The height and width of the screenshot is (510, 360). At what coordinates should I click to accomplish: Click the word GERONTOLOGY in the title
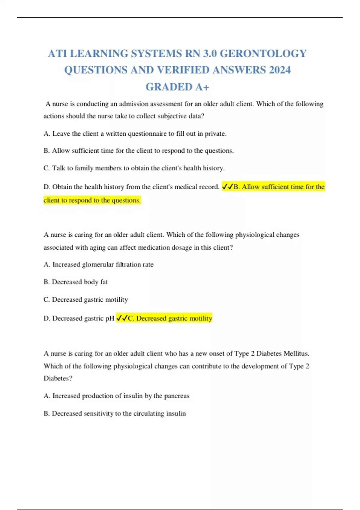263,54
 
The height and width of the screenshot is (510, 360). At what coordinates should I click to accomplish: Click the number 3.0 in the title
210,54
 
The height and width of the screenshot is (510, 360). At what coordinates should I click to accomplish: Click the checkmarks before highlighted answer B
227,187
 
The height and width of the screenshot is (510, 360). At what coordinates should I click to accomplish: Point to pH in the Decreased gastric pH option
110,318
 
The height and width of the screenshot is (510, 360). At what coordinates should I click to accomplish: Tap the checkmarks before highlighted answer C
122,318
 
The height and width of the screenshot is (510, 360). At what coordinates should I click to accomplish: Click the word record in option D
208,187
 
